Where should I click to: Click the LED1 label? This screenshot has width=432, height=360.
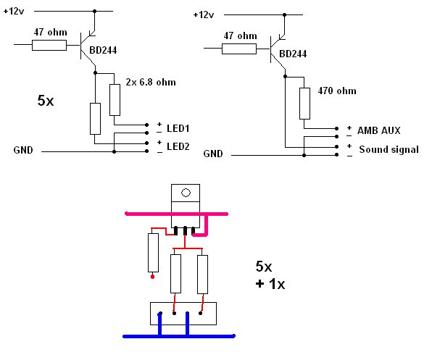178,128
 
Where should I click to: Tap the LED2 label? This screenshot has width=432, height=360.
178,146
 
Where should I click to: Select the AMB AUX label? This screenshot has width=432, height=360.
379,130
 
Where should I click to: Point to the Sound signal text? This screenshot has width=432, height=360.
389,149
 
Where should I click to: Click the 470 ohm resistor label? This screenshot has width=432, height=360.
336,91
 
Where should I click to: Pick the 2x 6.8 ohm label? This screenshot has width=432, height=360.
151,82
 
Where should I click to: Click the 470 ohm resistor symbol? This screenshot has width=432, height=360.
304,104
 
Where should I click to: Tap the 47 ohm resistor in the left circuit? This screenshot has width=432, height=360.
49,45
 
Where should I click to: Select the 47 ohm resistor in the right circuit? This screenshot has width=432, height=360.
239,49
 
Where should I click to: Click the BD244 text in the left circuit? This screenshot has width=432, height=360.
103,50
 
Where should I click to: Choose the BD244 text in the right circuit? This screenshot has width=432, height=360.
293,54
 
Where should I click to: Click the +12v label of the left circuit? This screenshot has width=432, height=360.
14,12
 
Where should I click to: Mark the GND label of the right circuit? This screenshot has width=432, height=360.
213,154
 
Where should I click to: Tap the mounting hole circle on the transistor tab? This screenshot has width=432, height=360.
186,193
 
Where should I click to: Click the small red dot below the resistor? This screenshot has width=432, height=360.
153,277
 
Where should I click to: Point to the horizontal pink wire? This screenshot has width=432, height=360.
176,214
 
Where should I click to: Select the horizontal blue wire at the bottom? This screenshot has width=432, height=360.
179,336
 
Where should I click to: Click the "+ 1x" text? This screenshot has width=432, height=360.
270,284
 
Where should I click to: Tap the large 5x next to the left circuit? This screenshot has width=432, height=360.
46,101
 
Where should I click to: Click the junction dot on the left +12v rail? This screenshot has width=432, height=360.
95,12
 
